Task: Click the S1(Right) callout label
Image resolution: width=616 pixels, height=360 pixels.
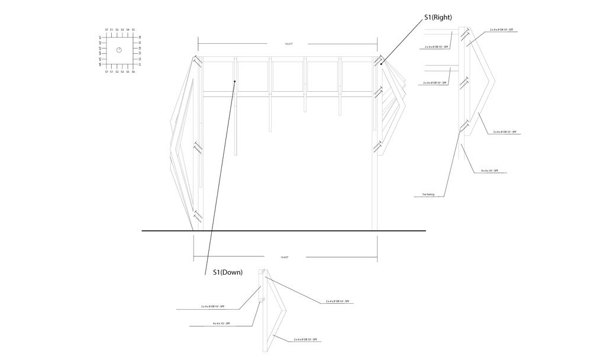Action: point(438,18)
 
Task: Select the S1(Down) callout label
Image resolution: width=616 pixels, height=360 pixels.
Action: point(228,272)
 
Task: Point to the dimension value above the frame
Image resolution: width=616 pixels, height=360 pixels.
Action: point(289,44)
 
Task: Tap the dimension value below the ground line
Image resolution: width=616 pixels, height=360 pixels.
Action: point(285,257)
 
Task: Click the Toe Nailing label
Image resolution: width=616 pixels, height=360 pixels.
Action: point(428,194)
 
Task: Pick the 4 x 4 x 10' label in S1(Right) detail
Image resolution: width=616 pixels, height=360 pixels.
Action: point(489,171)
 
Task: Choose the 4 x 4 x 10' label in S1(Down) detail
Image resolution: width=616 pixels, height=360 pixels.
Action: point(221,323)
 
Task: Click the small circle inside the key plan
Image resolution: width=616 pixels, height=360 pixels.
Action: point(118,50)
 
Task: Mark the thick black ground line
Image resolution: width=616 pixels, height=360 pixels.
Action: point(284,230)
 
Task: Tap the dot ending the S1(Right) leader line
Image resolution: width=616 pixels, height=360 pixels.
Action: point(381,64)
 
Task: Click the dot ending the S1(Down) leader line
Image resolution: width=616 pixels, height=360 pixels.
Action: point(235,81)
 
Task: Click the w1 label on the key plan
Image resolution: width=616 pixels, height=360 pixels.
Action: point(101,37)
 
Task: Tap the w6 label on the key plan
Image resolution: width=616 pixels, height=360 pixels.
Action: point(101,65)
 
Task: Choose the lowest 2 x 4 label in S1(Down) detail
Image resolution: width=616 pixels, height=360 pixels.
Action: point(306,339)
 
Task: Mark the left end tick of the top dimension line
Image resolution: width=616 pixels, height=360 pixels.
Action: point(198,44)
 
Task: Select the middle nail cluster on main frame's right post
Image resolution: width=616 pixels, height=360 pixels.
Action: point(378,93)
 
